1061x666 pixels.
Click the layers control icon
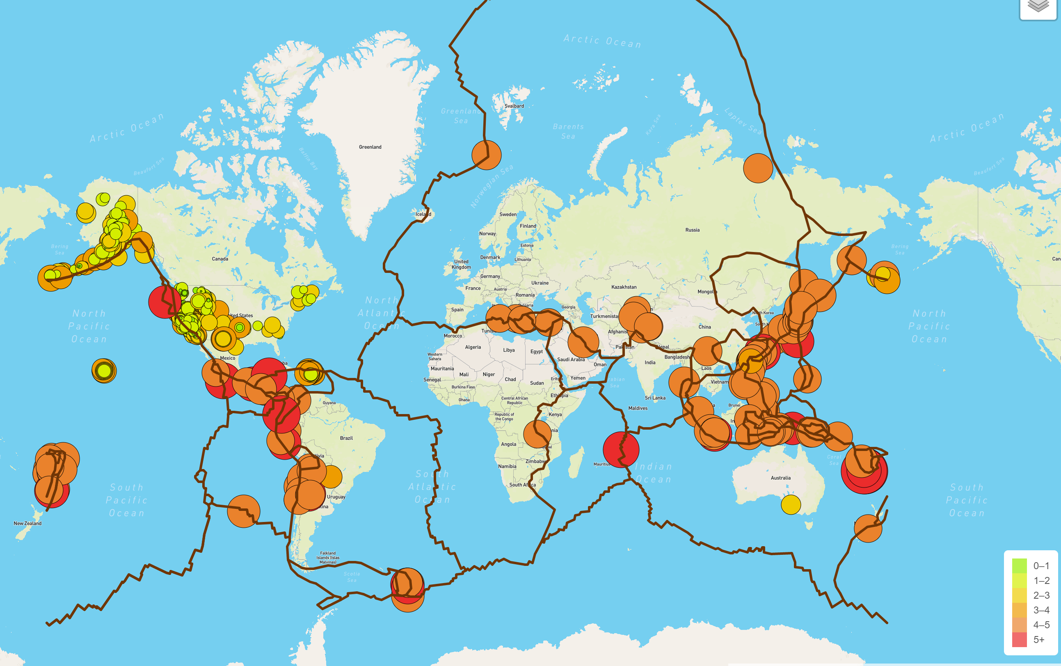tap(1038, 6)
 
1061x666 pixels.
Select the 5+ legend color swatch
tap(1019, 640)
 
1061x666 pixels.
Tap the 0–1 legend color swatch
tap(1019, 565)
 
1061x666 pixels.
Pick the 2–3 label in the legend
tap(1041, 595)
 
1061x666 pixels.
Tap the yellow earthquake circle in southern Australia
tap(791, 504)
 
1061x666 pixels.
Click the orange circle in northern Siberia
tap(758, 168)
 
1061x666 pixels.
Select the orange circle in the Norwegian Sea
tap(486, 155)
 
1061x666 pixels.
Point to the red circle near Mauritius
tap(621, 449)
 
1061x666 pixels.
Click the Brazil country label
tap(346, 438)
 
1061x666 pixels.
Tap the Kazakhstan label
tap(624, 287)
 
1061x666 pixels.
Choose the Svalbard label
tap(514, 106)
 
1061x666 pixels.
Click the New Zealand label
tap(27, 524)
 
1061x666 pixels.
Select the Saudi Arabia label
tap(571, 359)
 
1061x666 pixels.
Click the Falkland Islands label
tap(328, 557)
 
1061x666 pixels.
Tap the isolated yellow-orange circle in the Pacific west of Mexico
tap(104, 371)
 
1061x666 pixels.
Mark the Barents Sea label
tap(568, 131)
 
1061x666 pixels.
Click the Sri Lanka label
tap(655, 398)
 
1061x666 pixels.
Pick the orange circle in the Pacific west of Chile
tap(244, 511)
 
